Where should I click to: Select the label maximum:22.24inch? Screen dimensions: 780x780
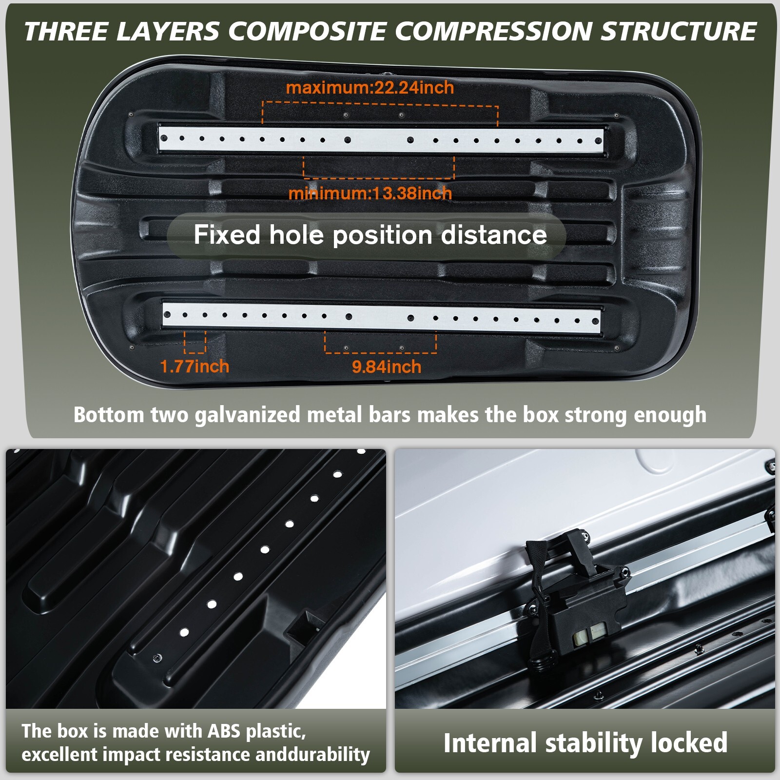pyautogui.click(x=370, y=88)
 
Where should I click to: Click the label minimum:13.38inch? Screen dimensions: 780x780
pyautogui.click(x=370, y=194)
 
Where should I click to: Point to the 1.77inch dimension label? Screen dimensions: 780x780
pyautogui.click(x=194, y=367)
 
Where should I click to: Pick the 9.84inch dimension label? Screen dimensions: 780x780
pyautogui.click(x=386, y=367)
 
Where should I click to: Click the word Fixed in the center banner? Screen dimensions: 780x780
pyautogui.click(x=227, y=235)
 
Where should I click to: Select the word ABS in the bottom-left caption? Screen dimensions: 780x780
pyautogui.click(x=225, y=731)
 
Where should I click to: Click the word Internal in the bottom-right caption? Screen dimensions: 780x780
pyautogui.click(x=490, y=743)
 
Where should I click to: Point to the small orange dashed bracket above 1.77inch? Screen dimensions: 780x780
pyautogui.click(x=195, y=342)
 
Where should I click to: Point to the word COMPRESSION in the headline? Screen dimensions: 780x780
pyautogui.click(x=494, y=32)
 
